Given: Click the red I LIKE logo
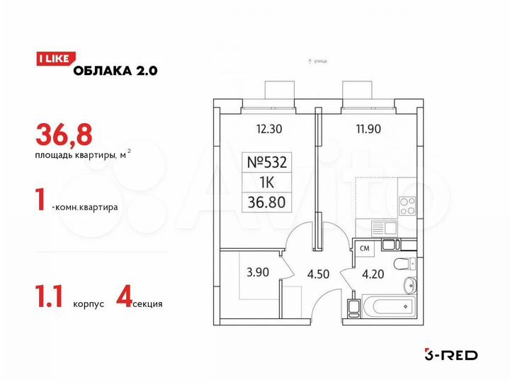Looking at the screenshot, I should pos(52,59).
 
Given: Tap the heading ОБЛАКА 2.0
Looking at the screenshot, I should pos(113,69).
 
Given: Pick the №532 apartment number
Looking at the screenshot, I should pos(267,161).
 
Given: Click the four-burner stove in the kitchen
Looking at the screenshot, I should pos(409,205).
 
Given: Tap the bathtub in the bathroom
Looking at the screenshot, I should pos(387,306).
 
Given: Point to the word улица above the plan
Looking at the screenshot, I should pos(319,62).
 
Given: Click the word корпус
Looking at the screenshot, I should pos(89,304).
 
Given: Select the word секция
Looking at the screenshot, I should pos(149,304).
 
